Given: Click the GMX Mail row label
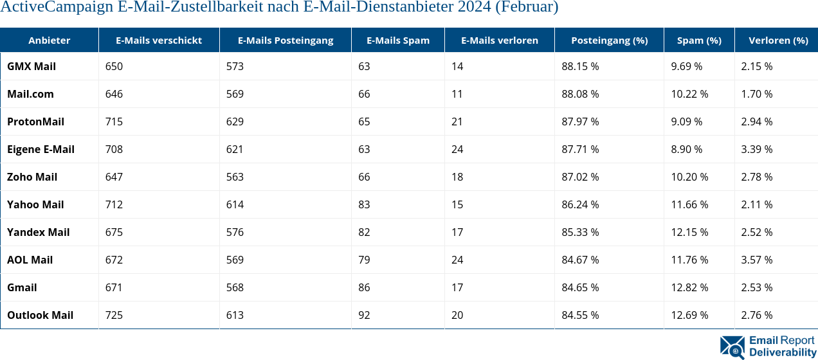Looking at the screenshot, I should click(x=32, y=66).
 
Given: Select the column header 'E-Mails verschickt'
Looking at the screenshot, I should click(x=159, y=40).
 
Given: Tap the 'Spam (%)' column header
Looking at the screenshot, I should click(x=699, y=40).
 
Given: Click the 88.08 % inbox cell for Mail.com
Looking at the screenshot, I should click(x=580, y=94).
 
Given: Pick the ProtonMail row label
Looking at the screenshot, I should click(x=35, y=122).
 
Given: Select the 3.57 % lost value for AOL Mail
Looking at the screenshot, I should click(x=757, y=260).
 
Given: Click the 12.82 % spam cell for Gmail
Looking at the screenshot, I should click(x=689, y=287).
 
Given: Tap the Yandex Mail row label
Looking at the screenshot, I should click(x=39, y=232).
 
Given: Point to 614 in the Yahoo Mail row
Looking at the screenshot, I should click(x=235, y=204).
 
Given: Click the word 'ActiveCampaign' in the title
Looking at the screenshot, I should click(x=46, y=8).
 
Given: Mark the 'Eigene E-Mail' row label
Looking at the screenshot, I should click(x=41, y=149).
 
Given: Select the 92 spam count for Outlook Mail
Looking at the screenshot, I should click(x=364, y=315).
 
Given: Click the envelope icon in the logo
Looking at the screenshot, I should click(x=732, y=346).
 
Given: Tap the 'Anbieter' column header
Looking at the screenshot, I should click(x=50, y=40).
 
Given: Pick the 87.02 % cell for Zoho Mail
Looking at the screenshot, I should click(x=580, y=177).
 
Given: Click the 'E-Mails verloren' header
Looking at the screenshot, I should click(x=500, y=40).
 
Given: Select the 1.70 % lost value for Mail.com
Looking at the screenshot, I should click(x=756, y=94).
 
